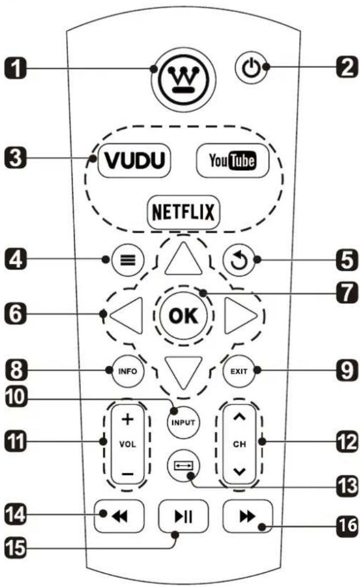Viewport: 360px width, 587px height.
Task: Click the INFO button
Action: pos(124,371)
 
